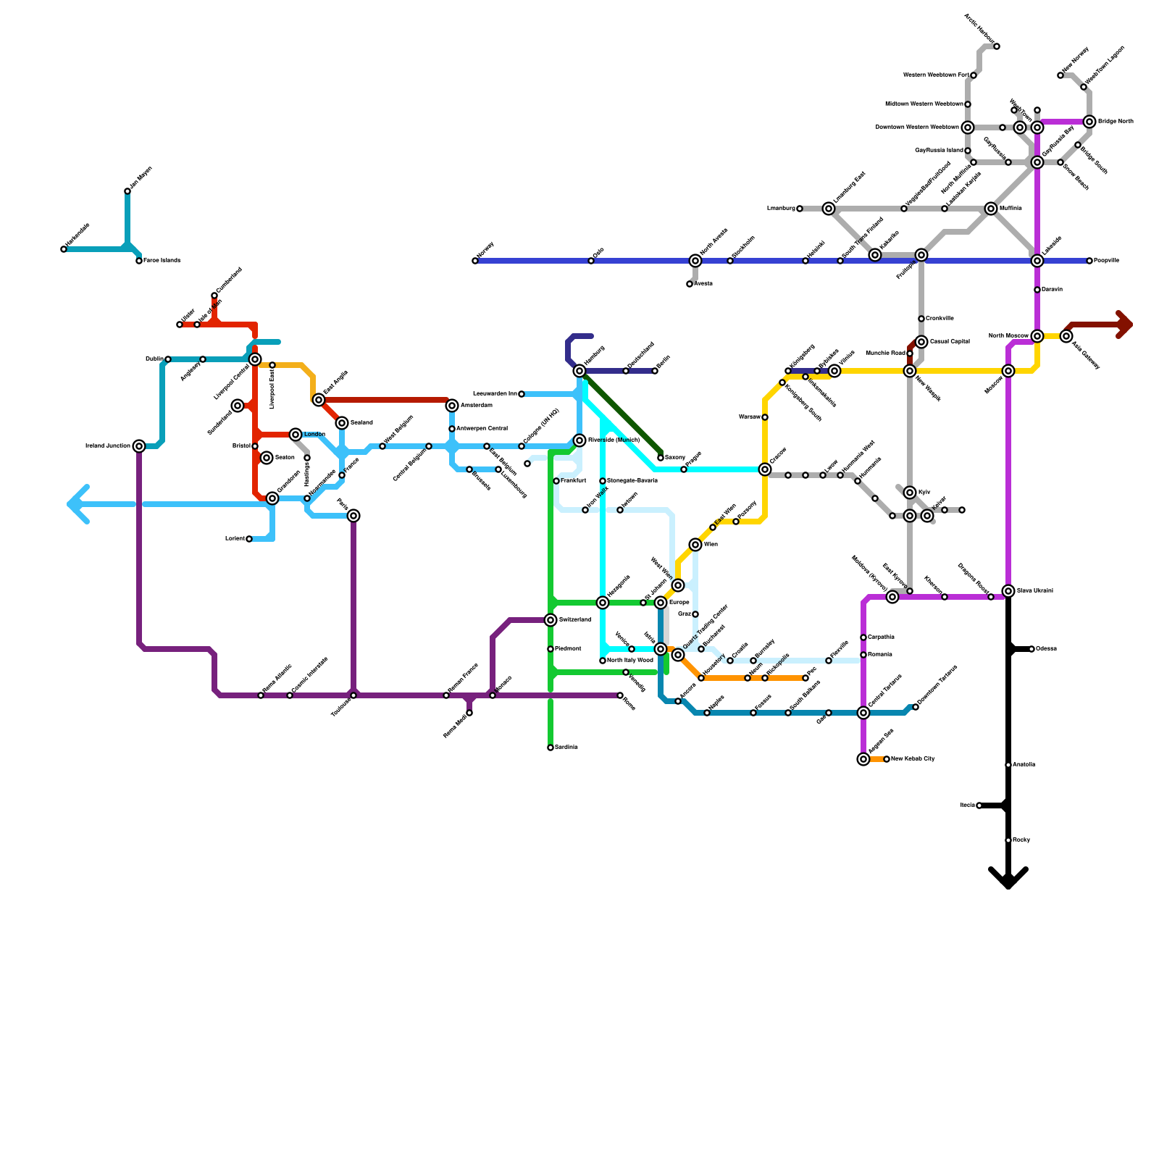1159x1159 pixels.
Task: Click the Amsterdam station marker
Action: pos(452,406)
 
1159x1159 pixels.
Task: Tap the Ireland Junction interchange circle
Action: pos(139,446)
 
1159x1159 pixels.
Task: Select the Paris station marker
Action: pos(353,516)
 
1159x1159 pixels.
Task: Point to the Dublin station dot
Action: pos(168,359)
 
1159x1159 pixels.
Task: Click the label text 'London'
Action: pos(314,435)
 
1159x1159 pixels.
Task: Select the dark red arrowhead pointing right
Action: pos(1124,325)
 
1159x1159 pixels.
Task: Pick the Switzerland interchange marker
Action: pos(551,620)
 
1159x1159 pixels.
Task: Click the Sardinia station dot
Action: pos(551,748)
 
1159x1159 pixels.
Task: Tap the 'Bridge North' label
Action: pos(1116,122)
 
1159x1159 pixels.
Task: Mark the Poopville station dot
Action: pos(1089,261)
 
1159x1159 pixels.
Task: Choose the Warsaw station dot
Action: pos(765,417)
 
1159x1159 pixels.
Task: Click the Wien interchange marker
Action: pos(695,545)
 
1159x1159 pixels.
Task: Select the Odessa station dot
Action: pos(1032,649)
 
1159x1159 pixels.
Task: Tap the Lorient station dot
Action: pos(249,539)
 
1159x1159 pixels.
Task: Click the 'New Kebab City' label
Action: pos(913,759)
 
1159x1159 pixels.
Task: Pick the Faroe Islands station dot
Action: pos(139,261)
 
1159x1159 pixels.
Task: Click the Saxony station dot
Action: pos(661,458)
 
